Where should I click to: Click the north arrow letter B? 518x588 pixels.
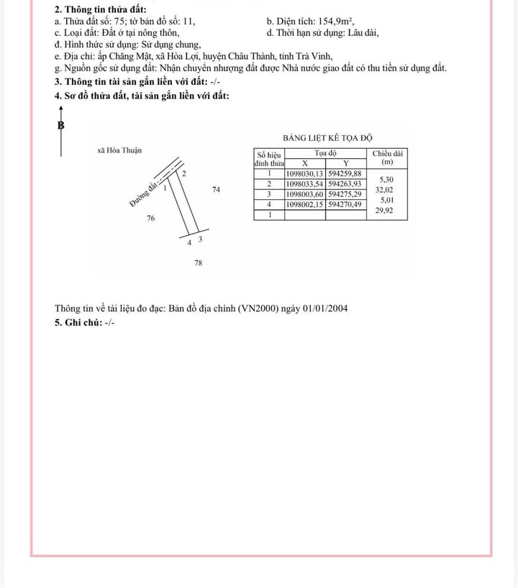[x=60, y=124]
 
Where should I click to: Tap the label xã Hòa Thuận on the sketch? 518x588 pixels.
[x=119, y=150]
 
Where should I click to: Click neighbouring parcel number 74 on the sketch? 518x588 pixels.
[x=217, y=190]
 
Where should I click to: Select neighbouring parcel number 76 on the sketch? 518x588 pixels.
[x=150, y=218]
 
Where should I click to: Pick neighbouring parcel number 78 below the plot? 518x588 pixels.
[x=198, y=263]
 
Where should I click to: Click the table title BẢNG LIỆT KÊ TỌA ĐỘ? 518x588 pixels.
[x=327, y=137]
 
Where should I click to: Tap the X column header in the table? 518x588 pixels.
[x=305, y=163]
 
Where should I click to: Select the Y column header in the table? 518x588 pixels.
[x=345, y=163]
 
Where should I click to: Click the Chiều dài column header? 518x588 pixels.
[x=388, y=153]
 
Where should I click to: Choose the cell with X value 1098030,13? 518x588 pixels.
[x=305, y=173]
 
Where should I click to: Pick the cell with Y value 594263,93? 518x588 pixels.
[x=346, y=183]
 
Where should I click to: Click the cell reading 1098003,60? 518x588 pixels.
[x=305, y=194]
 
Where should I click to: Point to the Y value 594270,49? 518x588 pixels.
[x=346, y=204]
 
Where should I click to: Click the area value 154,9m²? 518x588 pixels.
[x=335, y=21]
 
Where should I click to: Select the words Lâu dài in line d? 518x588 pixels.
[x=364, y=32]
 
